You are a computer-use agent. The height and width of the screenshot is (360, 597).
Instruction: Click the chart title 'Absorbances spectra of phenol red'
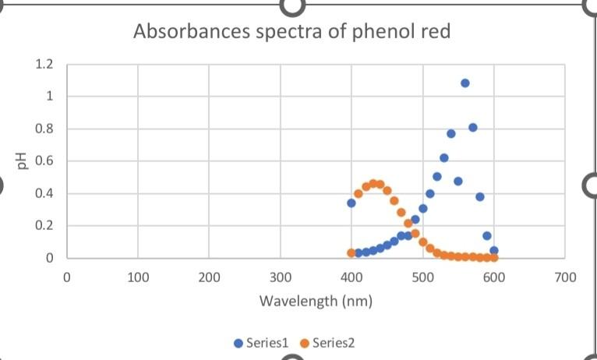click(x=291, y=32)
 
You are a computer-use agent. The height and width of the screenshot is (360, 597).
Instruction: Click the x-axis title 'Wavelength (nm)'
click(x=316, y=300)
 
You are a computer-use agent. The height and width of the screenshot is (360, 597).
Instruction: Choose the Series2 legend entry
click(x=328, y=342)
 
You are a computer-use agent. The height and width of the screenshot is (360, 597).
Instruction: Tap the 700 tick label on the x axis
click(x=565, y=277)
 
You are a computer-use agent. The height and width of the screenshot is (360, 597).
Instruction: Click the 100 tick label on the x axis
click(x=138, y=277)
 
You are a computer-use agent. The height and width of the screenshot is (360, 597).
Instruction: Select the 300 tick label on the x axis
click(x=281, y=277)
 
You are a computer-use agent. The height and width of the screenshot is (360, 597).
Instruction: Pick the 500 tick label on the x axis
click(x=422, y=277)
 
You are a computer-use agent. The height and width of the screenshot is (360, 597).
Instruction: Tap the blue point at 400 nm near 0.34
click(x=351, y=203)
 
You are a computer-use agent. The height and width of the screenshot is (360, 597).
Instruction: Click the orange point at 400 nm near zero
click(x=351, y=253)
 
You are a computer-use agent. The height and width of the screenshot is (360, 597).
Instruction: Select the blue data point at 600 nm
click(x=494, y=251)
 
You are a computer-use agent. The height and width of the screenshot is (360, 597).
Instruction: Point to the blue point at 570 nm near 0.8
click(x=473, y=128)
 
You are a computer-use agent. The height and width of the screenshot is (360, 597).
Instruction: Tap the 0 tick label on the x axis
click(x=67, y=277)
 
